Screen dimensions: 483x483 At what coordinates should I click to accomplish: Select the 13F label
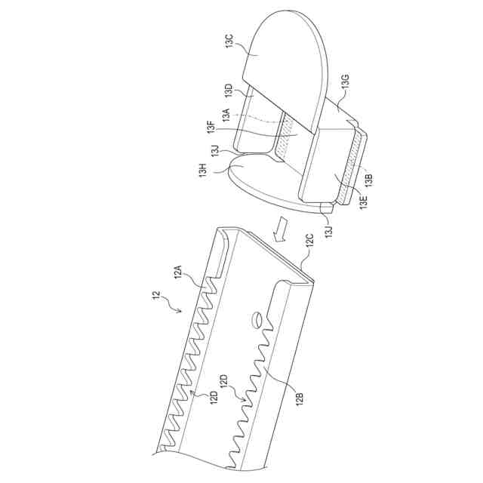point(211,130)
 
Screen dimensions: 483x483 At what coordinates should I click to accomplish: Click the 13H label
point(203,171)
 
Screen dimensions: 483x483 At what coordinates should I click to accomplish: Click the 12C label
point(309,241)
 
